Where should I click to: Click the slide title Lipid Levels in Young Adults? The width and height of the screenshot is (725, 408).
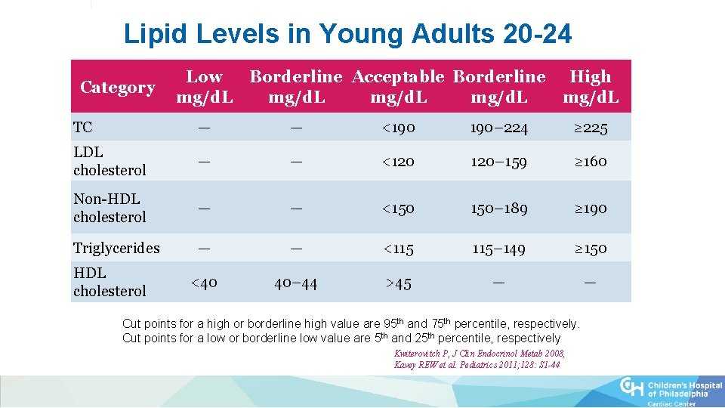(x=347, y=34)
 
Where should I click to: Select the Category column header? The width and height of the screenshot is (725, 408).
(x=118, y=87)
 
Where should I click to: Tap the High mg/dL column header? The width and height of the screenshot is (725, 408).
(x=591, y=87)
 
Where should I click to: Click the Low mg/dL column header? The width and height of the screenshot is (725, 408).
(x=204, y=87)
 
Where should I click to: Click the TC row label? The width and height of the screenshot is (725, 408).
(x=83, y=127)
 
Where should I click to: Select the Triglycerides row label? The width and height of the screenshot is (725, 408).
(x=116, y=248)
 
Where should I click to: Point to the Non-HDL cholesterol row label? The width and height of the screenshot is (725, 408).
(x=110, y=208)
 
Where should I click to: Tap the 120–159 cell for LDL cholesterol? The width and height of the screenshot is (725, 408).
(x=498, y=161)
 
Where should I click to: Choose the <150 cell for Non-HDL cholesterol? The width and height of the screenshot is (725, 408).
(x=398, y=208)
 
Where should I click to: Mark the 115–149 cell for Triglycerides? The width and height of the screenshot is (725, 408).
(x=498, y=248)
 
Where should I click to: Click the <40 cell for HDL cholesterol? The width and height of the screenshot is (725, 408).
(x=204, y=283)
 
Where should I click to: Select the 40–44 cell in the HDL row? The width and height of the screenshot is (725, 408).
(x=295, y=283)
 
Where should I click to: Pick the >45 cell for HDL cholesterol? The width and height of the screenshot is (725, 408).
(x=398, y=283)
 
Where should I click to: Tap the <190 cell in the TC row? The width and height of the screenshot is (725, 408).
(x=398, y=128)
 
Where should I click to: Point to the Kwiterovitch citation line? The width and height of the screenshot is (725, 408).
(x=479, y=354)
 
